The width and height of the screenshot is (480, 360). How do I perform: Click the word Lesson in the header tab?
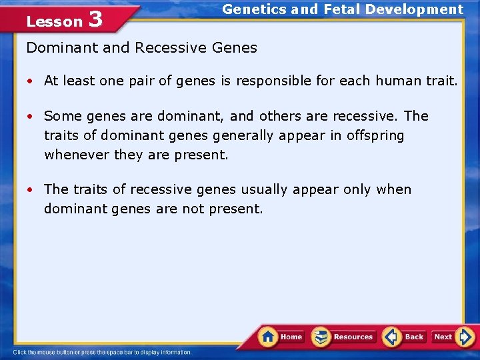click(x=54, y=22)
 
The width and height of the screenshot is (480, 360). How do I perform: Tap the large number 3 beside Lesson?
click(x=95, y=19)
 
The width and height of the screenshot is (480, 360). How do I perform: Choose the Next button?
click(x=443, y=337)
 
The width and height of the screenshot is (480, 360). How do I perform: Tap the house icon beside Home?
click(x=269, y=336)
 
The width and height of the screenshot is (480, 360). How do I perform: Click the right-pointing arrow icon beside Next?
click(x=465, y=337)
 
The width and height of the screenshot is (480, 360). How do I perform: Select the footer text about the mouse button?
click(x=103, y=352)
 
